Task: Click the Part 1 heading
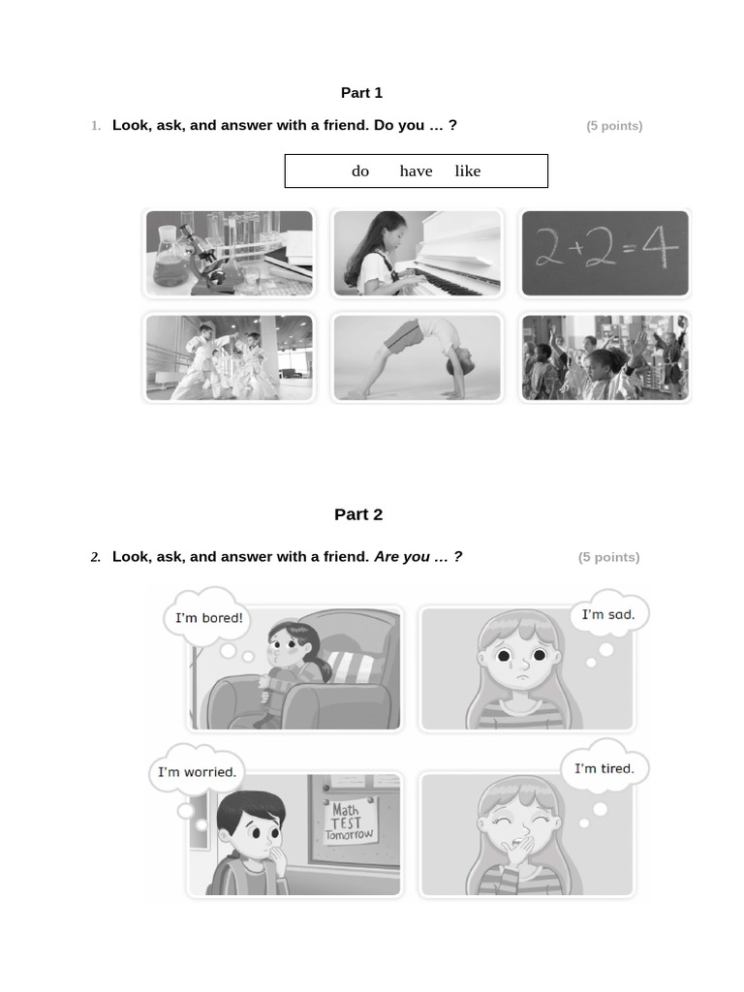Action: point(361,93)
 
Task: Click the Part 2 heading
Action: point(358,514)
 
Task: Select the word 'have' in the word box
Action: point(416,171)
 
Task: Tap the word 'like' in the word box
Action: point(468,171)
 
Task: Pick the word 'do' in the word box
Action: point(360,171)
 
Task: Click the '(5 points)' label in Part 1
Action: point(614,126)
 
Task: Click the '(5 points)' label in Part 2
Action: point(608,557)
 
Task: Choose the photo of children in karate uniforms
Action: point(229,357)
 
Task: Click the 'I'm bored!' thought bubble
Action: point(208,618)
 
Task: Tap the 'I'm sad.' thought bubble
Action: point(608,615)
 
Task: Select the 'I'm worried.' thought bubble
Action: point(197,772)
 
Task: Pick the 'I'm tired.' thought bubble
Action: point(604,769)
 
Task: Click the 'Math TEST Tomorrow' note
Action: point(349,821)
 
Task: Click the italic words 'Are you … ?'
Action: point(418,557)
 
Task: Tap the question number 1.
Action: point(96,126)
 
